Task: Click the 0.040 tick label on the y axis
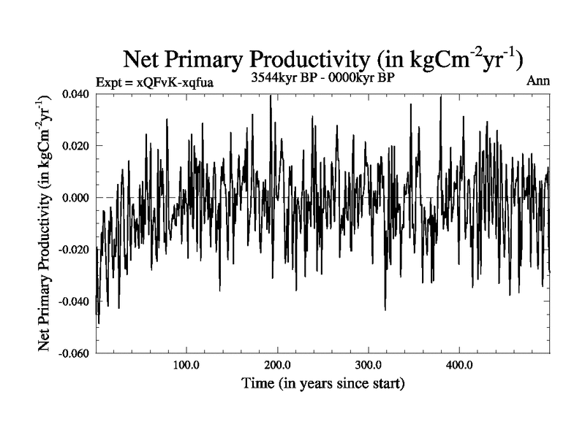pos(76,94)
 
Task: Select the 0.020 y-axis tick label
pos(76,146)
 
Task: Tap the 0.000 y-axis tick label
pos(76,198)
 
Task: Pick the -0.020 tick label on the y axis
pos(74,250)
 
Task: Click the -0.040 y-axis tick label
pos(74,301)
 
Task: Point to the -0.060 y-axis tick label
pos(74,353)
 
